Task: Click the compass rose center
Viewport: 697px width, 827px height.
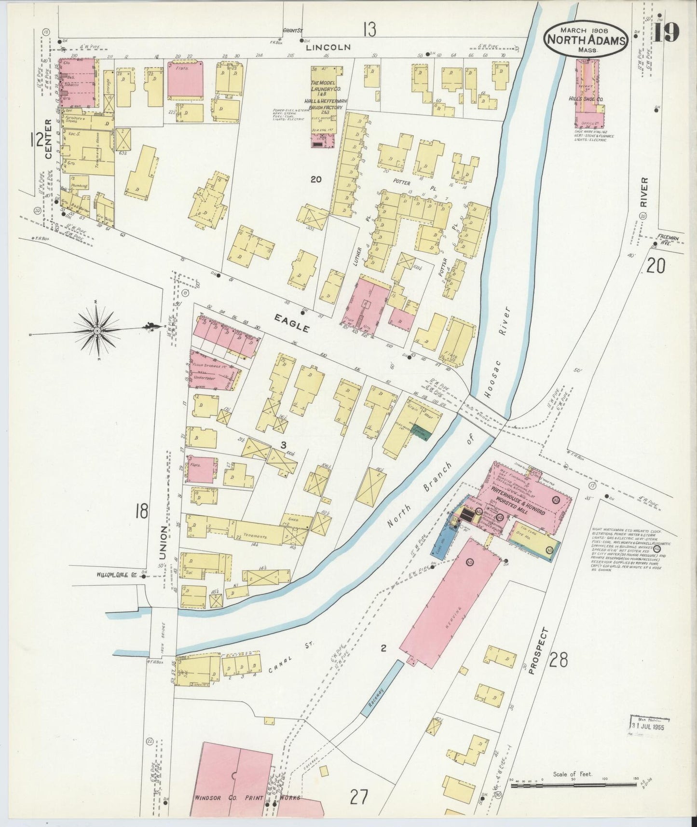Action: pyautogui.click(x=96, y=331)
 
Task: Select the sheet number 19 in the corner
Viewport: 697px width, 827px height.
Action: pyautogui.click(x=666, y=32)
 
